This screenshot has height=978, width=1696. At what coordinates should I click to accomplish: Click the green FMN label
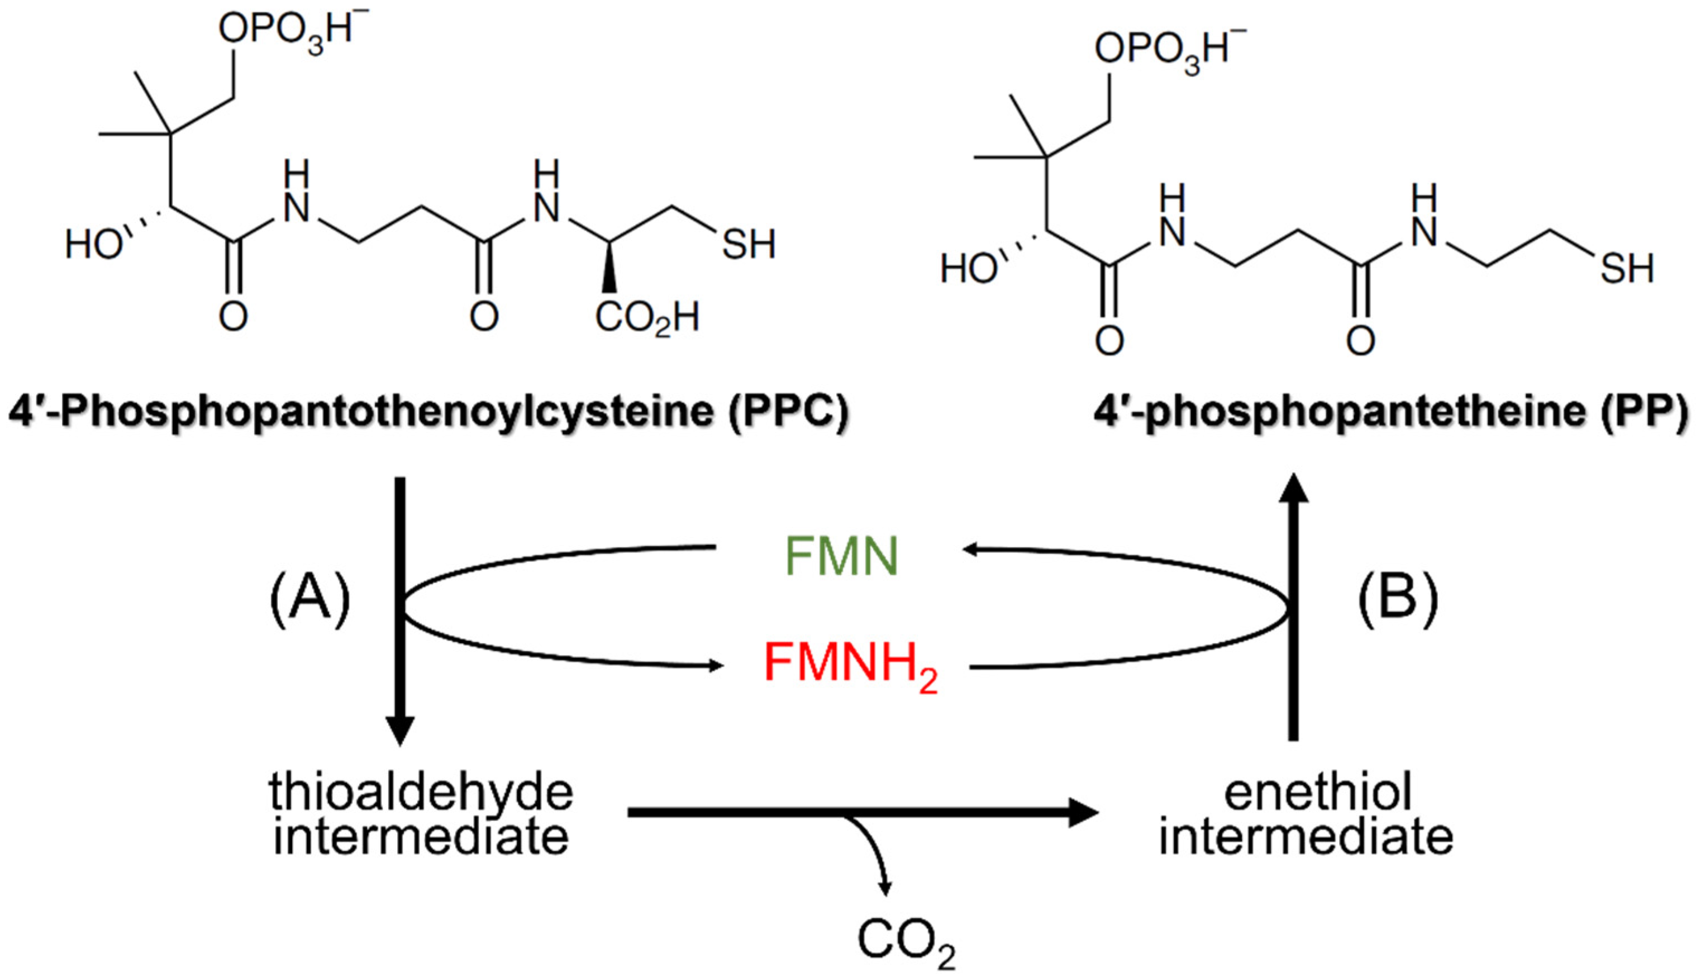(841, 557)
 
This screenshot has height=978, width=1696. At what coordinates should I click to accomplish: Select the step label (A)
(309, 597)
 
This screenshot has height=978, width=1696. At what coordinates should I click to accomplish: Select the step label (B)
(1398, 597)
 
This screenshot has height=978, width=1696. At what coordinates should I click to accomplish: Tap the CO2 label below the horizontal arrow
(906, 942)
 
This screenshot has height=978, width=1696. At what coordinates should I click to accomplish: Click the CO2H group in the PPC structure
(647, 318)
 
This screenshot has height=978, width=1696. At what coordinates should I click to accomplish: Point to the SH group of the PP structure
(1626, 269)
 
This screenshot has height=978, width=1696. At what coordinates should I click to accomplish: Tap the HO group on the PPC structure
(93, 244)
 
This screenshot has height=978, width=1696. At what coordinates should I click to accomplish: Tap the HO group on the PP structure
(969, 269)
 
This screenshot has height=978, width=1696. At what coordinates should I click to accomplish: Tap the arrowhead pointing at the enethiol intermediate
(1082, 813)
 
